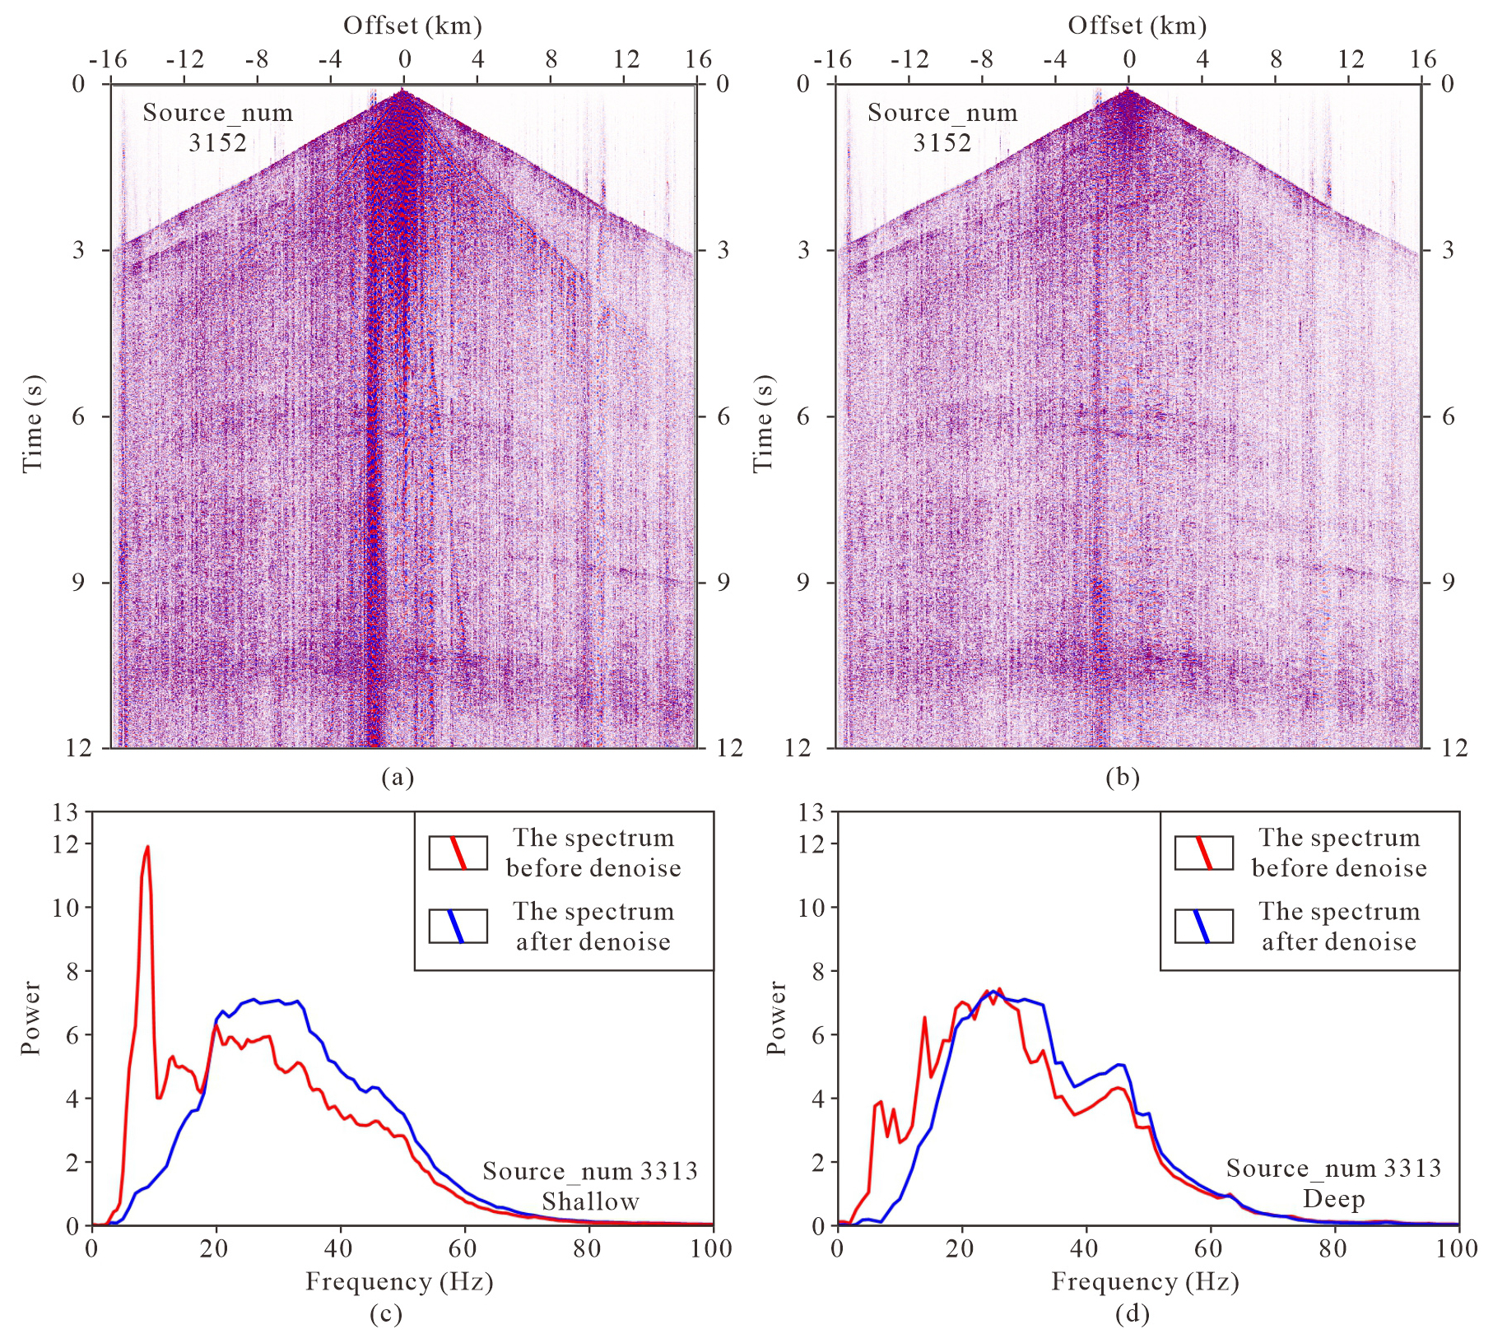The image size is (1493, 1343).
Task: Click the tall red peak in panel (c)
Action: [x=147, y=848]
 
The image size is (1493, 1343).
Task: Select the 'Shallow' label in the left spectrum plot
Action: [x=590, y=1201]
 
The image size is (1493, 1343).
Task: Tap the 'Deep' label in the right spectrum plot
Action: [x=1333, y=1199]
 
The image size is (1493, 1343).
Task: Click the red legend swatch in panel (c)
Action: [x=458, y=853]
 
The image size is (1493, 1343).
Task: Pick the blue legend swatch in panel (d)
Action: [x=1203, y=926]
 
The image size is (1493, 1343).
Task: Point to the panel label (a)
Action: [x=398, y=778]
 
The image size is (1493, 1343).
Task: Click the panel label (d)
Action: [x=1132, y=1314]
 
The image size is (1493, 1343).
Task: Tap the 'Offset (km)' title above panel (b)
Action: [x=1137, y=26]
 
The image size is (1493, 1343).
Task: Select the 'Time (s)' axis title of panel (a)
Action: [x=32, y=424]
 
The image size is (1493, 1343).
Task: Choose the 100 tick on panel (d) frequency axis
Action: [x=1457, y=1248]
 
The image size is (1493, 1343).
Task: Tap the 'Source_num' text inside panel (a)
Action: [x=217, y=113]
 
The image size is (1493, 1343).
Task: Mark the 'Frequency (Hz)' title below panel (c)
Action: [x=399, y=1281]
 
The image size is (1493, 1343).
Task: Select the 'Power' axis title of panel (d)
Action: [x=776, y=1017]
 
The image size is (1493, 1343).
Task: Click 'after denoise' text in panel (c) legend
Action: [x=593, y=941]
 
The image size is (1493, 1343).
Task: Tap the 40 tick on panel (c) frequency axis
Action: [x=339, y=1248]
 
